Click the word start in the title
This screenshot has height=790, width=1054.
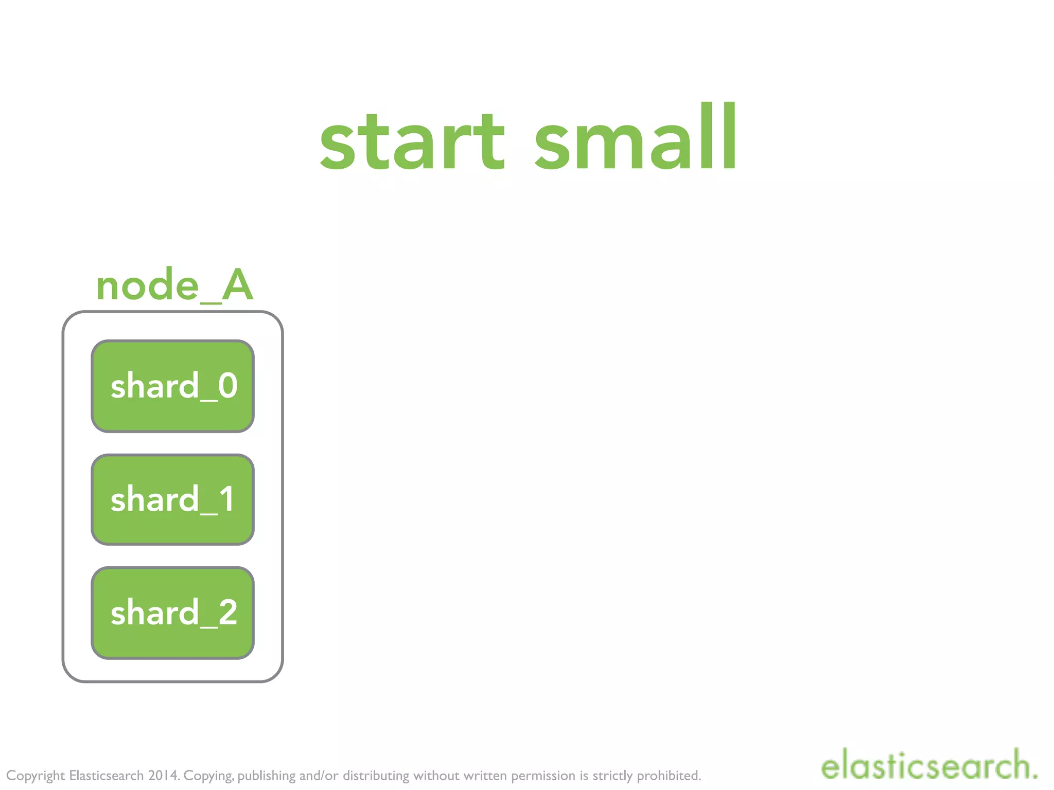pos(412,141)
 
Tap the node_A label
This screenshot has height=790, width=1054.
pos(174,285)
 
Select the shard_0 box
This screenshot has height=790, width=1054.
pos(172,386)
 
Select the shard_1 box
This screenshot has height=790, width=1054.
pos(172,499)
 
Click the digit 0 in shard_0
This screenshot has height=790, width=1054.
pos(227,386)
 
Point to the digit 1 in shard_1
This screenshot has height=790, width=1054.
pos(226,499)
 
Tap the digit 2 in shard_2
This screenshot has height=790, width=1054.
pos(227,613)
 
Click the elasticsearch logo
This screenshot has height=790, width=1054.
pos(924,765)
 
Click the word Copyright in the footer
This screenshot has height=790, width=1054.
pos(36,776)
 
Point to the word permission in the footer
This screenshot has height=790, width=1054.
pos(543,776)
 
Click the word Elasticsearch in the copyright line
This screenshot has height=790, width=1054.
pos(106,775)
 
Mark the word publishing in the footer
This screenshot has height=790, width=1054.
pos(267,776)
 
